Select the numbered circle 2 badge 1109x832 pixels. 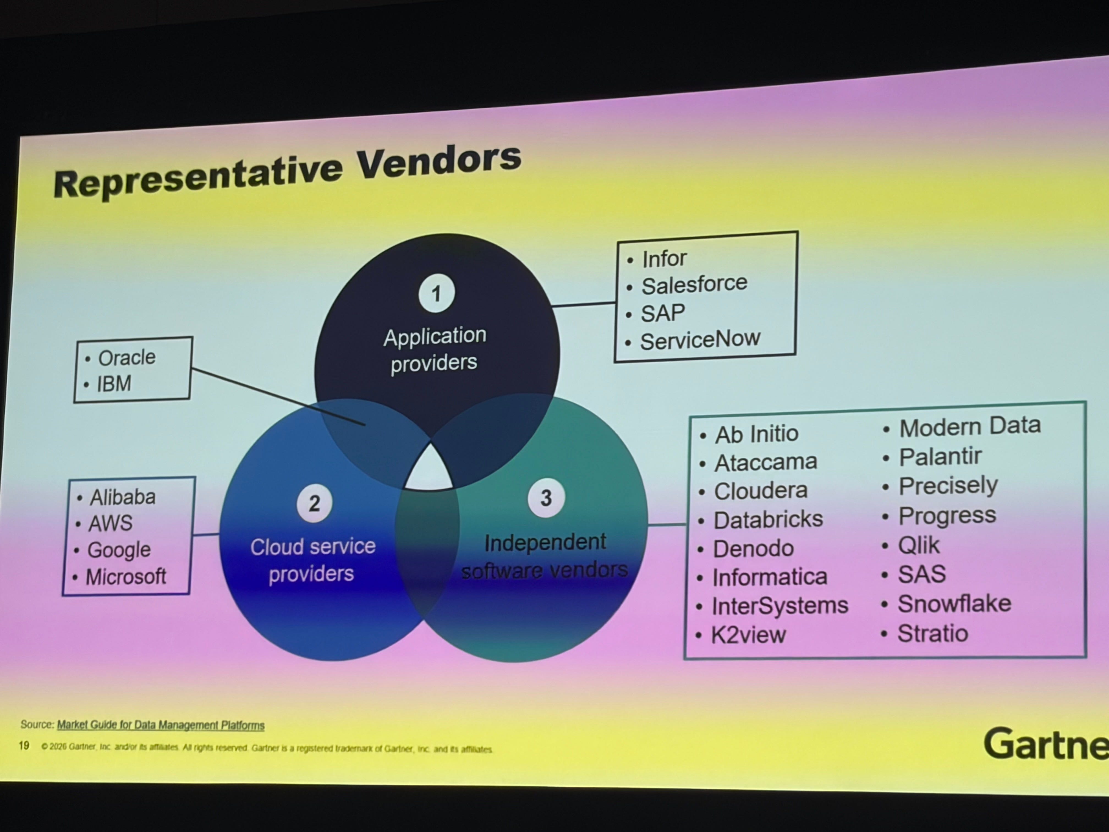click(314, 503)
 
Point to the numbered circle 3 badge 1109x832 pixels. click(546, 497)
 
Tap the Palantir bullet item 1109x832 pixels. click(940, 456)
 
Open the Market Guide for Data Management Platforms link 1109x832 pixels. click(160, 725)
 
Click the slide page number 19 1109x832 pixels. click(24, 746)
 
